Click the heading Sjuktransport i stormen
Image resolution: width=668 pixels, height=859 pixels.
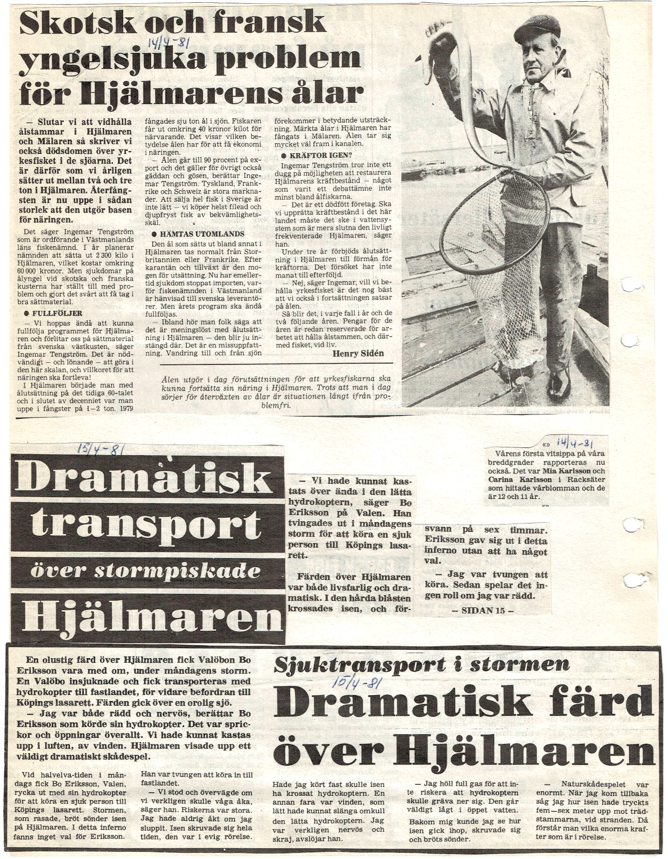pos(422,664)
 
